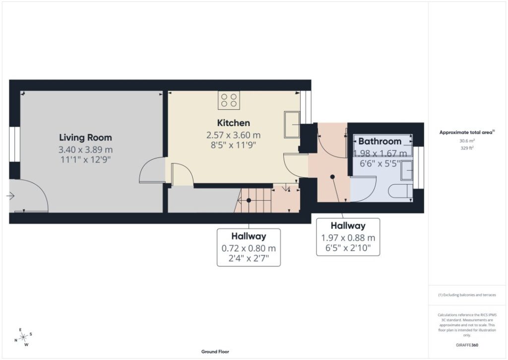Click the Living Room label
tap(85, 138)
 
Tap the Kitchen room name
tap(233, 123)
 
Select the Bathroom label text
tap(380, 142)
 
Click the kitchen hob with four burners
tap(229, 100)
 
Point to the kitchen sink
tap(292, 125)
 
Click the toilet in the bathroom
tap(400, 191)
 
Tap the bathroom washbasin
tap(406, 171)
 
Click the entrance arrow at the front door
tap(10, 196)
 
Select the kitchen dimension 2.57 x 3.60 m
tap(233, 135)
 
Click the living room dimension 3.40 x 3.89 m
tap(85, 149)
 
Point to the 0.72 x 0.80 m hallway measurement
tap(249, 248)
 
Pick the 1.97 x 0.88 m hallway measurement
tap(348, 238)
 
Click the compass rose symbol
tap(23, 337)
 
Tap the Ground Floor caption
tap(215, 352)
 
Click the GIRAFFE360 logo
tap(467, 345)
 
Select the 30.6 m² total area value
tap(467, 141)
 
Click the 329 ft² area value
tap(467, 148)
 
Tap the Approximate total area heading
tap(467, 132)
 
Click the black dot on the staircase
tap(249, 201)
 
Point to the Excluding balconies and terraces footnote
tap(467, 295)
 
